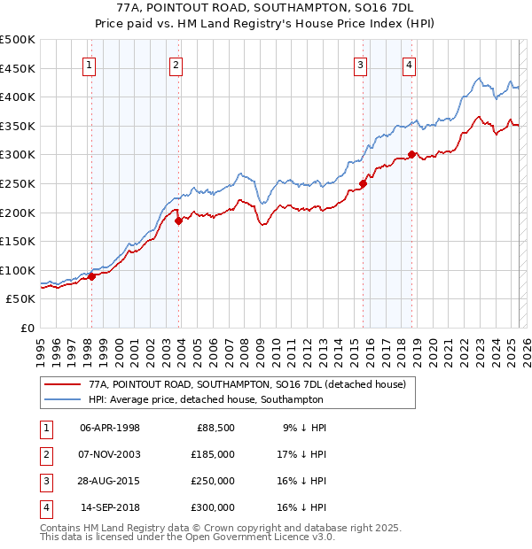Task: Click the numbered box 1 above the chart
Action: click(90, 64)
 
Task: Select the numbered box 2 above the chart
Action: click(176, 64)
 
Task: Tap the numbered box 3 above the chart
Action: click(361, 64)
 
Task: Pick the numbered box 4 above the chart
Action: click(409, 64)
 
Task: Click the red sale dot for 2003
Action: click(178, 220)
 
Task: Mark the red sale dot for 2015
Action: click(363, 183)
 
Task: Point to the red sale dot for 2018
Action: click(411, 155)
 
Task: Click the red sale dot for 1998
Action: click(91, 276)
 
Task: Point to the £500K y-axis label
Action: click(17, 40)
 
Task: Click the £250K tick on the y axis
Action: click(17, 183)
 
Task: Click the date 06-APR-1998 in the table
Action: click(110, 428)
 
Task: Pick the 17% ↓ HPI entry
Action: click(304, 454)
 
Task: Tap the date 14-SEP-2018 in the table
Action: click(110, 507)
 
